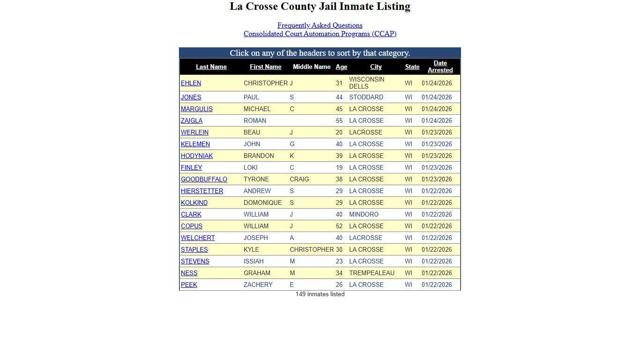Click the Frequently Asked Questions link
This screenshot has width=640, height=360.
tap(320, 25)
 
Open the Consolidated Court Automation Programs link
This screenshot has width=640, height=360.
tap(320, 34)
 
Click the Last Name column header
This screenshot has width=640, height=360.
tap(211, 67)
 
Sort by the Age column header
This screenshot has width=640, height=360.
tap(341, 67)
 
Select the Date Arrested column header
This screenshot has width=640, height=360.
tap(440, 67)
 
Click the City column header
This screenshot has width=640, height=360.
tap(376, 67)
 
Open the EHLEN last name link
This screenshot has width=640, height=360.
tap(191, 83)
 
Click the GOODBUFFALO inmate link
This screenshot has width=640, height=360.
tap(204, 180)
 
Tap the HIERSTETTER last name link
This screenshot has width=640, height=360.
tap(202, 191)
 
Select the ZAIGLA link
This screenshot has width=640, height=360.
tap(192, 121)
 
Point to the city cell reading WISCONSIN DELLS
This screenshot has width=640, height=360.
tap(366, 83)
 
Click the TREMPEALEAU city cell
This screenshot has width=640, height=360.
tap(372, 273)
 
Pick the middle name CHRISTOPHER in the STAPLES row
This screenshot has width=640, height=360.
tap(312, 250)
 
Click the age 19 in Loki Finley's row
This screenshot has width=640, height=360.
tap(339, 168)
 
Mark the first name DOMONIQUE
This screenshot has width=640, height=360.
tap(262, 203)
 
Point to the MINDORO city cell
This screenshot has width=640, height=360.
tap(364, 215)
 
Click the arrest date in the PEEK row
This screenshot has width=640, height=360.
tap(437, 285)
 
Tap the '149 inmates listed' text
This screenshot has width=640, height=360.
tap(320, 294)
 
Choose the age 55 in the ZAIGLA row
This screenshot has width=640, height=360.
tap(339, 121)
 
